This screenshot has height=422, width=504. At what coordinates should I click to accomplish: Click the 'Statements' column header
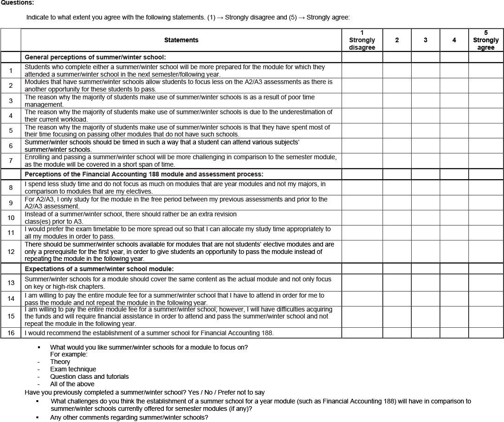[181, 40]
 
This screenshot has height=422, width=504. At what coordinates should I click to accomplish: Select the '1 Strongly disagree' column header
[362, 40]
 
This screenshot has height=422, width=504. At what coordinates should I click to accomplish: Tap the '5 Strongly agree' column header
[485, 40]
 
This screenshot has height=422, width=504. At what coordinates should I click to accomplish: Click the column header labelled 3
[426, 40]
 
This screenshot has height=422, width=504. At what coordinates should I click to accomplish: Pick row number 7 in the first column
[11, 161]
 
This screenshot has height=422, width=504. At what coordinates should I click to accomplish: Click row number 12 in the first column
[11, 252]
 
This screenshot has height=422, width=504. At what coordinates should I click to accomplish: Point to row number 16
[11, 333]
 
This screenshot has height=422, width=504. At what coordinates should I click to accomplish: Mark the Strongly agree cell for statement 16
[485, 333]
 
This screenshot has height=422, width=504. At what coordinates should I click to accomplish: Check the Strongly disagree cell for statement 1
[362, 71]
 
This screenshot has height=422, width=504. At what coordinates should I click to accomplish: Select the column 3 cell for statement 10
[426, 217]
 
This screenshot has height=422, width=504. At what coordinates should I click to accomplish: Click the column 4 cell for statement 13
[454, 283]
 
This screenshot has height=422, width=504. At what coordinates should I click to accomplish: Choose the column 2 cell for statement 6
[397, 146]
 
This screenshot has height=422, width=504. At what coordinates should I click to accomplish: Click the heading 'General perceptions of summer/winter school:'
[95, 57]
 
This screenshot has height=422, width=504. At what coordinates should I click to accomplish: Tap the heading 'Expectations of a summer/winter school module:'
[99, 269]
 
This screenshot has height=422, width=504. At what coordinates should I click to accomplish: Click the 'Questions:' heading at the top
[17, 3]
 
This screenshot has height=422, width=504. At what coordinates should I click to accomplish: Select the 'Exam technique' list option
[73, 369]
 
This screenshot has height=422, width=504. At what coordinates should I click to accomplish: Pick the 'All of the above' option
[72, 384]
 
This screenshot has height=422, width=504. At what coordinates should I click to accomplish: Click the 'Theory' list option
[60, 362]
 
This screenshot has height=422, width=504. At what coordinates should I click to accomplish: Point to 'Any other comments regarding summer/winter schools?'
[129, 417]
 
